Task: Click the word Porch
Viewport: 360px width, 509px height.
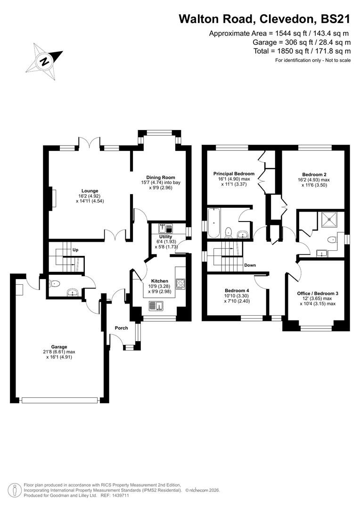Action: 121,328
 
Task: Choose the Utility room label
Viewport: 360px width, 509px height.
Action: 165,237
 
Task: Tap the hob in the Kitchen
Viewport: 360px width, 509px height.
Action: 180,284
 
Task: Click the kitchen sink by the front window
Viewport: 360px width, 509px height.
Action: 156,306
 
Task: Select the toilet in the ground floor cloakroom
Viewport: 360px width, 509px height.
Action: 54,284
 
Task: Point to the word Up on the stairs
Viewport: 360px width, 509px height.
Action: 75,249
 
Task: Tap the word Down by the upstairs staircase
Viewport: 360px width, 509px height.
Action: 250,265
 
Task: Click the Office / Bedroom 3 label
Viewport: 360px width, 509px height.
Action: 317,293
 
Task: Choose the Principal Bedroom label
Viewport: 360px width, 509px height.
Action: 234,173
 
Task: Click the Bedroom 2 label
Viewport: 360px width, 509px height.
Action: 314,173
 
